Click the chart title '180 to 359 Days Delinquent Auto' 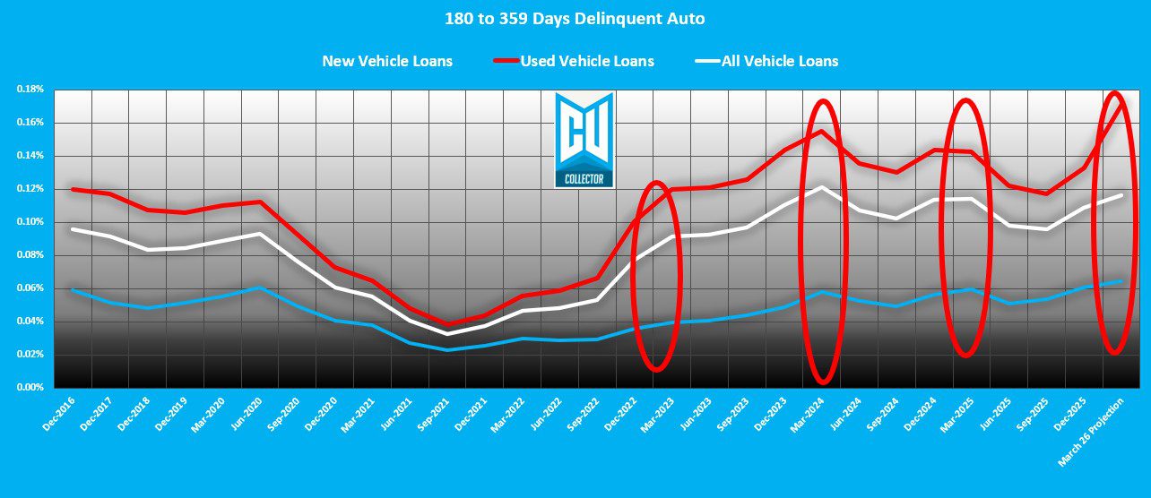pos(575,18)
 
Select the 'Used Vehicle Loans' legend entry pos(587,61)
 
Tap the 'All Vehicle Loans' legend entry pos(779,61)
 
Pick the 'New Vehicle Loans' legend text pos(387,61)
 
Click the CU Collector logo pos(584,140)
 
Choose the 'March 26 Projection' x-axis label pos(1087,431)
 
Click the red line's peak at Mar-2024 pos(821,132)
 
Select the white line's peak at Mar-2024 pos(821,187)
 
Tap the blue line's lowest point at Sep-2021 pos(446,349)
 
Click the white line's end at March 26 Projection pos(1121,195)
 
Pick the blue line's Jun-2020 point pos(259,288)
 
